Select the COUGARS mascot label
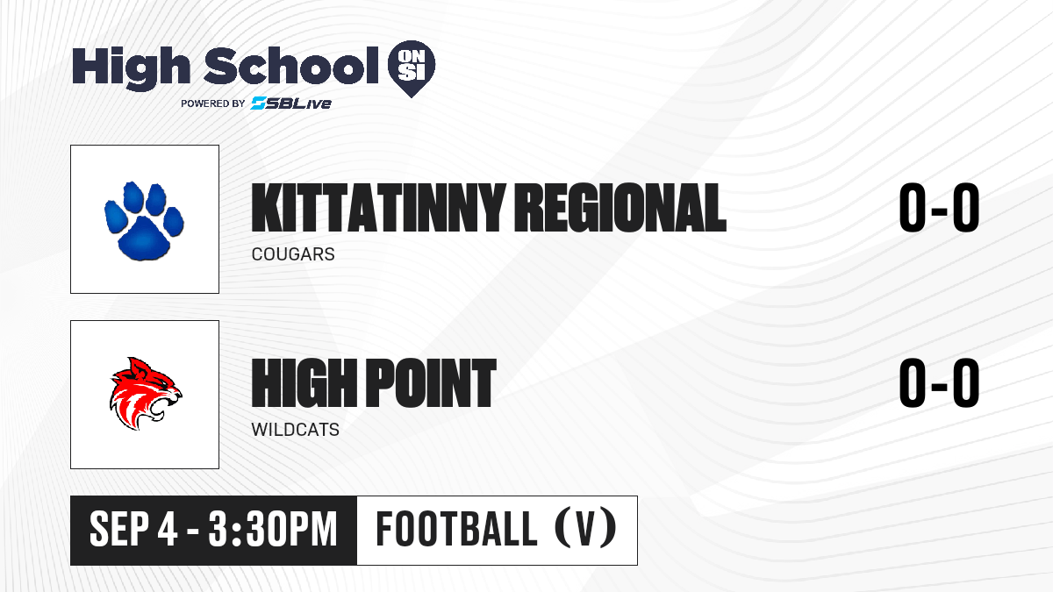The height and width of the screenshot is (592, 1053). pyautogui.click(x=293, y=254)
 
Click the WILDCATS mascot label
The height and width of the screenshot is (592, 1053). pyautogui.click(x=295, y=430)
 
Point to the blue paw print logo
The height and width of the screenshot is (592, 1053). pyautogui.click(x=144, y=220)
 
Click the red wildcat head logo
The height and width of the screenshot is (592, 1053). pyautogui.click(x=146, y=394)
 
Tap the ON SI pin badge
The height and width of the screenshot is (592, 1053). pyautogui.click(x=412, y=68)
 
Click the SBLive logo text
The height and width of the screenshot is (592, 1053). pyautogui.click(x=291, y=103)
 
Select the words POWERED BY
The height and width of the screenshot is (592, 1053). pyautogui.click(x=212, y=103)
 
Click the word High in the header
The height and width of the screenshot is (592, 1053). pyautogui.click(x=131, y=68)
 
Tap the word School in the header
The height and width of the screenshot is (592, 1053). pyautogui.click(x=291, y=66)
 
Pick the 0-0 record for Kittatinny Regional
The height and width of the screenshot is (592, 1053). pyautogui.click(x=939, y=208)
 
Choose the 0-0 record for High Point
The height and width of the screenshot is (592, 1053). pyautogui.click(x=939, y=382)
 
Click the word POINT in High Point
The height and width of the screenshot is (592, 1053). pyautogui.click(x=431, y=382)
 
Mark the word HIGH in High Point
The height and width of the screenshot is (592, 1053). pyautogui.click(x=304, y=382)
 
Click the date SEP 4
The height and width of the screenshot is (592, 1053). pyautogui.click(x=133, y=529)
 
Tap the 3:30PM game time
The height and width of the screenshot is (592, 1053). pyautogui.click(x=273, y=529)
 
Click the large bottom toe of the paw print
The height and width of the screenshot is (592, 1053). pyautogui.click(x=143, y=239)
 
